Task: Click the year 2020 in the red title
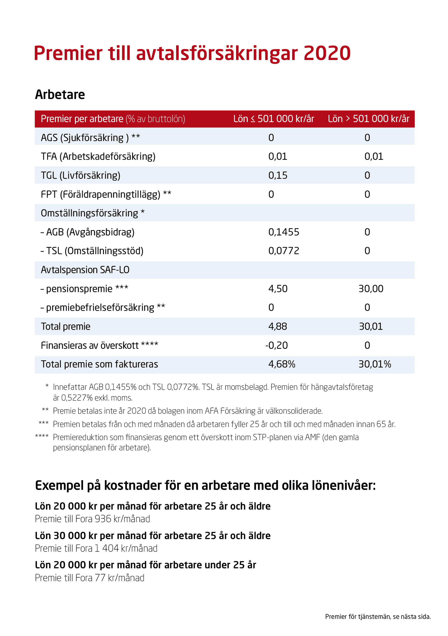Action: coord(327,53)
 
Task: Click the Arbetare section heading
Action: coord(60,95)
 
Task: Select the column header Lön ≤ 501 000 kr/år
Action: coord(273,119)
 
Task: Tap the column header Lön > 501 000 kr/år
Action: coord(368,119)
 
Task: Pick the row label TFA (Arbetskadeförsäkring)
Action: coord(98,156)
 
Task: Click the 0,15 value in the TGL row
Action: coord(278,175)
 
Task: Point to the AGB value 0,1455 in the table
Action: coord(283,232)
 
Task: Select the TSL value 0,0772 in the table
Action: coord(283,251)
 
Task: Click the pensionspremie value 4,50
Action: coord(278,289)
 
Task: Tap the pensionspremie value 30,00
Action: coord(371,289)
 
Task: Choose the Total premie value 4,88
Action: coord(277,326)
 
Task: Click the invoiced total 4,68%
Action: coord(282,364)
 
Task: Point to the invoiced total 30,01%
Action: coord(375,364)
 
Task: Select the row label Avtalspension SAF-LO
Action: coord(85,270)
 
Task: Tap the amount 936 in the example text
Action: coord(103,519)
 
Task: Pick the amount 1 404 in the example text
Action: coord(107,548)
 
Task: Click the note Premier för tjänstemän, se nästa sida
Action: coord(378,617)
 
